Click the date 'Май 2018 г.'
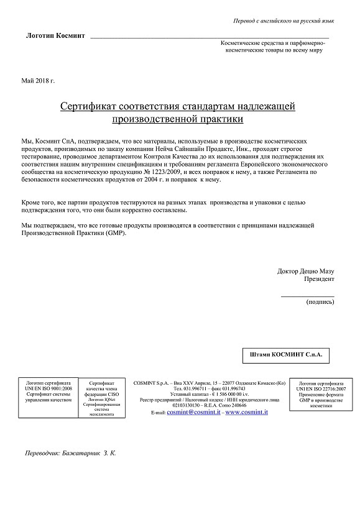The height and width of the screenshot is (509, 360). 38,81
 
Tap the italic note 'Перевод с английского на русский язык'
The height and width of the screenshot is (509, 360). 283,21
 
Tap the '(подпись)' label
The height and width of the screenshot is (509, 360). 320,302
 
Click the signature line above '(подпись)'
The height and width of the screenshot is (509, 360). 307,295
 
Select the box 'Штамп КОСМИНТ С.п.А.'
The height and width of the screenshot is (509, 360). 285,354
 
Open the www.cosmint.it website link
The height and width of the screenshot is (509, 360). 246,412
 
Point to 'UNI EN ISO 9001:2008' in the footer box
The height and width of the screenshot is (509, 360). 49,388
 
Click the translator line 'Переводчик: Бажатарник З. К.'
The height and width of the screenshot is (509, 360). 71,453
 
